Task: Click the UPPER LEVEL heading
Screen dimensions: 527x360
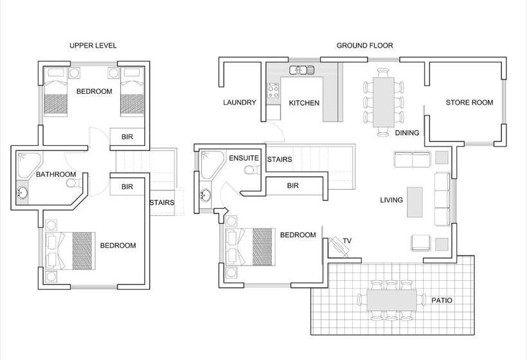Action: tap(93, 46)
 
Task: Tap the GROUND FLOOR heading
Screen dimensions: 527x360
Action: tap(364, 46)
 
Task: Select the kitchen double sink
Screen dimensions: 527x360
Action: tap(301, 70)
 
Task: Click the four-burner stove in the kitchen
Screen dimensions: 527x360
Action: tap(273, 91)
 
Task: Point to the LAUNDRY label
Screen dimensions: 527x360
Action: tap(240, 102)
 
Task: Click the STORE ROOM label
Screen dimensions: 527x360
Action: tap(469, 102)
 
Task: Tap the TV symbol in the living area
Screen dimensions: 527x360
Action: tap(339, 247)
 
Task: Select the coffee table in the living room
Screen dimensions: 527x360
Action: tap(415, 202)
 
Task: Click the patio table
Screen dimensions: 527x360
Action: tap(391, 300)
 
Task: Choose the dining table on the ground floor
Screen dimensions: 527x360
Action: tap(384, 102)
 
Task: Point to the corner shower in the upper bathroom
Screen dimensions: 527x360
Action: tap(29, 165)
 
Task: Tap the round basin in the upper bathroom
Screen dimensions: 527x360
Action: tap(22, 193)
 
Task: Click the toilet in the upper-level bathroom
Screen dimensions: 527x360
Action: tap(73, 183)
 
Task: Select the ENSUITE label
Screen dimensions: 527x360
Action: tap(244, 158)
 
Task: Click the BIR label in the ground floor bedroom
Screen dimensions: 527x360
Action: tap(292, 186)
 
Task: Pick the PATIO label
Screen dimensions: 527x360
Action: tap(442, 300)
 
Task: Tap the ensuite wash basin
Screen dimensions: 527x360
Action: tap(206, 195)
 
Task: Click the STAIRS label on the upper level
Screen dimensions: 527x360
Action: tap(162, 203)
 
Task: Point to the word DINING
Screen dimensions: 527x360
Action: tap(407, 133)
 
